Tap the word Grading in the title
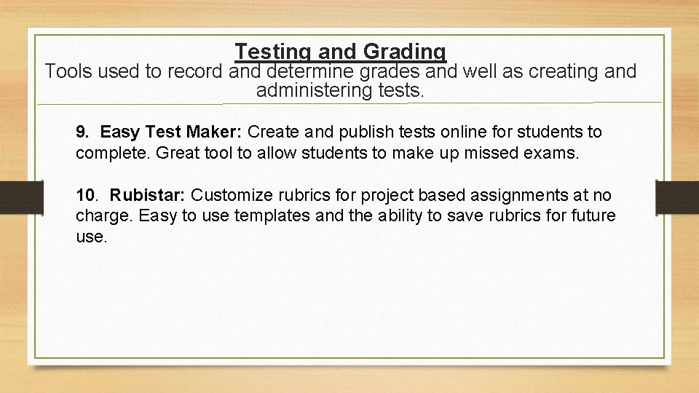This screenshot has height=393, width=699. tap(404, 52)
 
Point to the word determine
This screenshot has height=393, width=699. tap(310, 71)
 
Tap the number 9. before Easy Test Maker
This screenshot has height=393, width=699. tap(83, 132)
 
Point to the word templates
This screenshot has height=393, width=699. tap(245, 216)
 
